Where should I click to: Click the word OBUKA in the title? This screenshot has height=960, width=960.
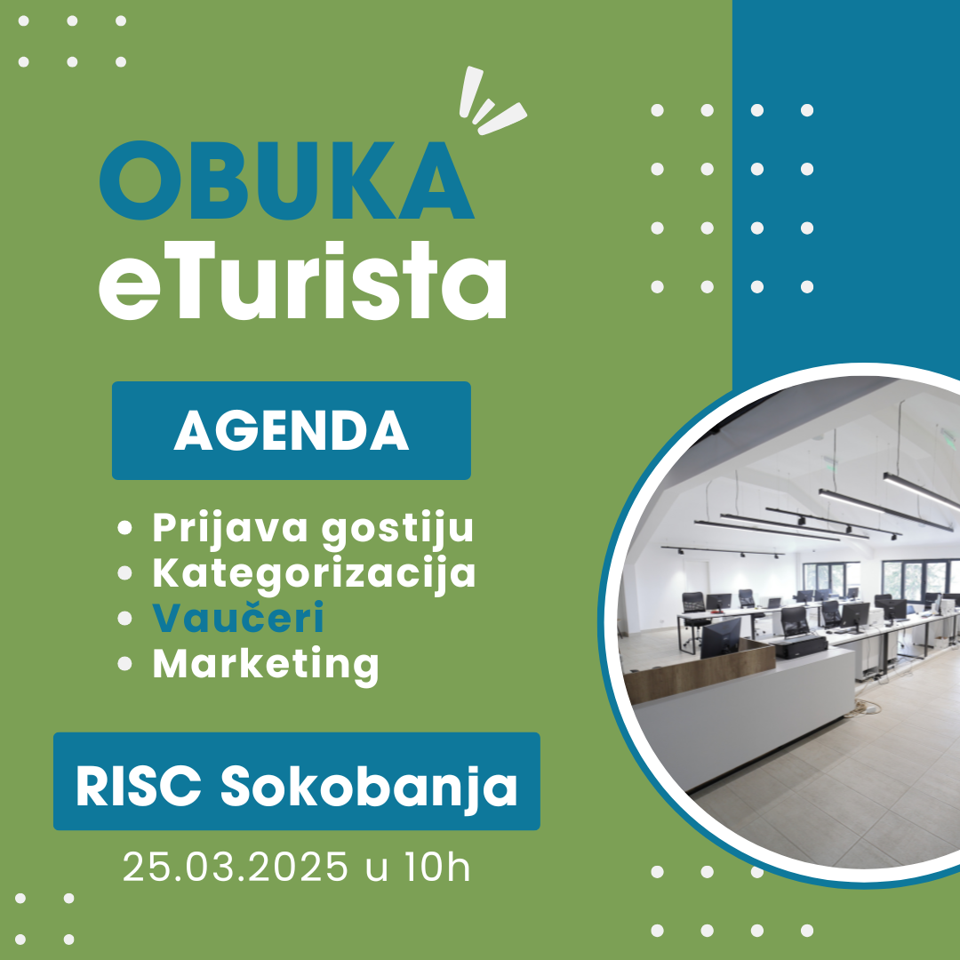[x=286, y=180]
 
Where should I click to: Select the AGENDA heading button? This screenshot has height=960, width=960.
[x=292, y=430]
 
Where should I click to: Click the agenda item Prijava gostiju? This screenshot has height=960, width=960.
[x=313, y=528]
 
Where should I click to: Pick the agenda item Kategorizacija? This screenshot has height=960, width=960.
[x=314, y=574]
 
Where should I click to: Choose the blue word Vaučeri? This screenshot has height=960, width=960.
[x=238, y=619]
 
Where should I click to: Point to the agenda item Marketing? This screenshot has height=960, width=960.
[x=266, y=665]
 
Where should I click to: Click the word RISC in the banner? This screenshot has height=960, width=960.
[x=139, y=787]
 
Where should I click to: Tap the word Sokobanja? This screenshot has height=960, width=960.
[x=369, y=788]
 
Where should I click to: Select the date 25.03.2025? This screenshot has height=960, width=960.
[x=235, y=867]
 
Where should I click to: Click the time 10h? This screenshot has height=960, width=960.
[x=437, y=867]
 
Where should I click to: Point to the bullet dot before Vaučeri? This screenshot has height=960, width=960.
[x=125, y=619]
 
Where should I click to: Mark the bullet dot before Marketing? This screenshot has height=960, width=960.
[x=125, y=664]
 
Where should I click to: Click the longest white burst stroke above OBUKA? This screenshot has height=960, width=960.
[x=471, y=92]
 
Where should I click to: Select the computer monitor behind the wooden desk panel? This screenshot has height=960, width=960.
[x=720, y=637]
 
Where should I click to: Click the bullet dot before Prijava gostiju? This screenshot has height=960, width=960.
[x=125, y=528]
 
